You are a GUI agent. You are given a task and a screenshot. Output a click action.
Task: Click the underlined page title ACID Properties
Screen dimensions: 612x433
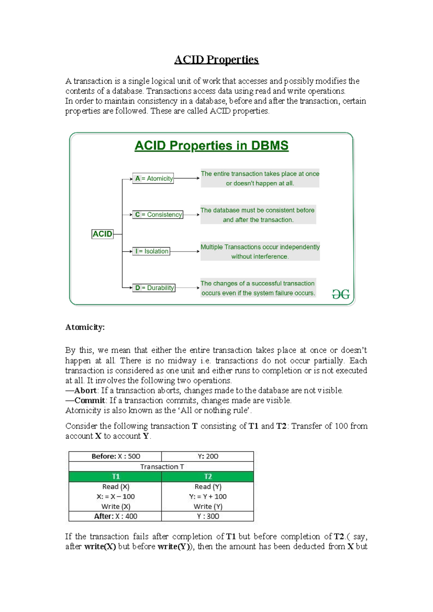click(x=216, y=60)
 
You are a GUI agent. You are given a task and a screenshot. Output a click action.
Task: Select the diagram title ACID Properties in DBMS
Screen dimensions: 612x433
click(x=211, y=146)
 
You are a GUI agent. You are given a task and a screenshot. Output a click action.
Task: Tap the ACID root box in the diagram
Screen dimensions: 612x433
click(x=102, y=234)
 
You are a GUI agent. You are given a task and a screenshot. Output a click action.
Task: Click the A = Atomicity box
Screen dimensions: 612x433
click(x=153, y=178)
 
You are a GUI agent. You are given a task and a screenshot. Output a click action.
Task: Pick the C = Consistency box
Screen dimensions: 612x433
click(x=158, y=215)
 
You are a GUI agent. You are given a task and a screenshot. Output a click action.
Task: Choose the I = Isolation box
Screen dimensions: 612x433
click(x=151, y=251)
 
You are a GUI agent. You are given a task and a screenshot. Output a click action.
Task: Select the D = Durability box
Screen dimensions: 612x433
click(x=154, y=288)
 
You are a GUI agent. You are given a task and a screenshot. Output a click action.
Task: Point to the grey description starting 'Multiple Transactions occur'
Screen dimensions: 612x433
click(x=260, y=252)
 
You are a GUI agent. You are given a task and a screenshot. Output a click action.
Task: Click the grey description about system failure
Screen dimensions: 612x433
click(x=258, y=288)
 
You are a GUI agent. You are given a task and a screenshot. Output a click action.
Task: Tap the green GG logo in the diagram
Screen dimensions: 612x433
click(x=341, y=294)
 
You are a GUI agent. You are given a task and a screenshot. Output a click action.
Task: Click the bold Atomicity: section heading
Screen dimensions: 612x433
click(x=85, y=327)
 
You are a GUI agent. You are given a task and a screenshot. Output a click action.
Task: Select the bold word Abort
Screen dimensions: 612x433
click(x=85, y=390)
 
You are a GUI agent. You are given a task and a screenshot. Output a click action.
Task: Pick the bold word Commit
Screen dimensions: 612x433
click(x=89, y=401)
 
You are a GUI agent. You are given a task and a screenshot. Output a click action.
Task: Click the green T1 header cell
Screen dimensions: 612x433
click(x=115, y=477)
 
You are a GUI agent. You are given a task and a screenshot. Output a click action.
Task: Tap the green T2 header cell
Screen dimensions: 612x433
click(x=208, y=477)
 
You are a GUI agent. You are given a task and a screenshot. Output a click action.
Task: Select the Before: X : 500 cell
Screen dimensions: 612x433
click(x=115, y=456)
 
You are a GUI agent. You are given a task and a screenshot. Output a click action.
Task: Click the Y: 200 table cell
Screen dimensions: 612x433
click(x=208, y=456)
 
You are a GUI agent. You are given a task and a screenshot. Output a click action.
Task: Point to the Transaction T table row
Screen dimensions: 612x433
click(x=162, y=467)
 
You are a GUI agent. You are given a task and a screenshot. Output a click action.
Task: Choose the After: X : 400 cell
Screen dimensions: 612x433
click(x=115, y=516)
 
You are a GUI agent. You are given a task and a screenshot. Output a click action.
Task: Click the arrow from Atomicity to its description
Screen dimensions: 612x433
click(x=187, y=178)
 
